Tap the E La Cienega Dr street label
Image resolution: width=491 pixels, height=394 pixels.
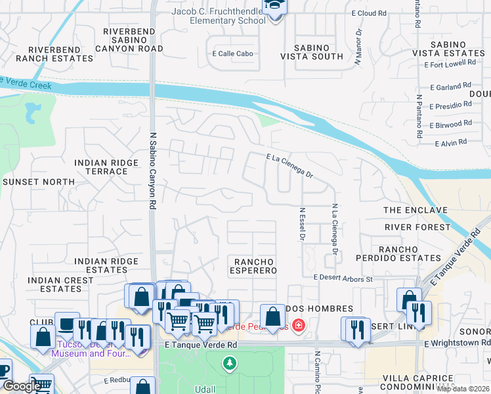point(289,166)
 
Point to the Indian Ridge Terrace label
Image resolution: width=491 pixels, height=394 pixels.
point(101,167)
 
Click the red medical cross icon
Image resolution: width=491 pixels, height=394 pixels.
point(298,324)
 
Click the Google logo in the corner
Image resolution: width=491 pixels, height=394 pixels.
point(21,386)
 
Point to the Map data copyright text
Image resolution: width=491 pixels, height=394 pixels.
point(463,389)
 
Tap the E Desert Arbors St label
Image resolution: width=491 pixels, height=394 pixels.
point(343,278)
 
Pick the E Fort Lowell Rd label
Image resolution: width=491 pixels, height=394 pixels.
point(450,64)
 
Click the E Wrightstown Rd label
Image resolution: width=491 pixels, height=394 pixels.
point(457,343)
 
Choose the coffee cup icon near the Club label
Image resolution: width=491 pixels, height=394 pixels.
point(66,324)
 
